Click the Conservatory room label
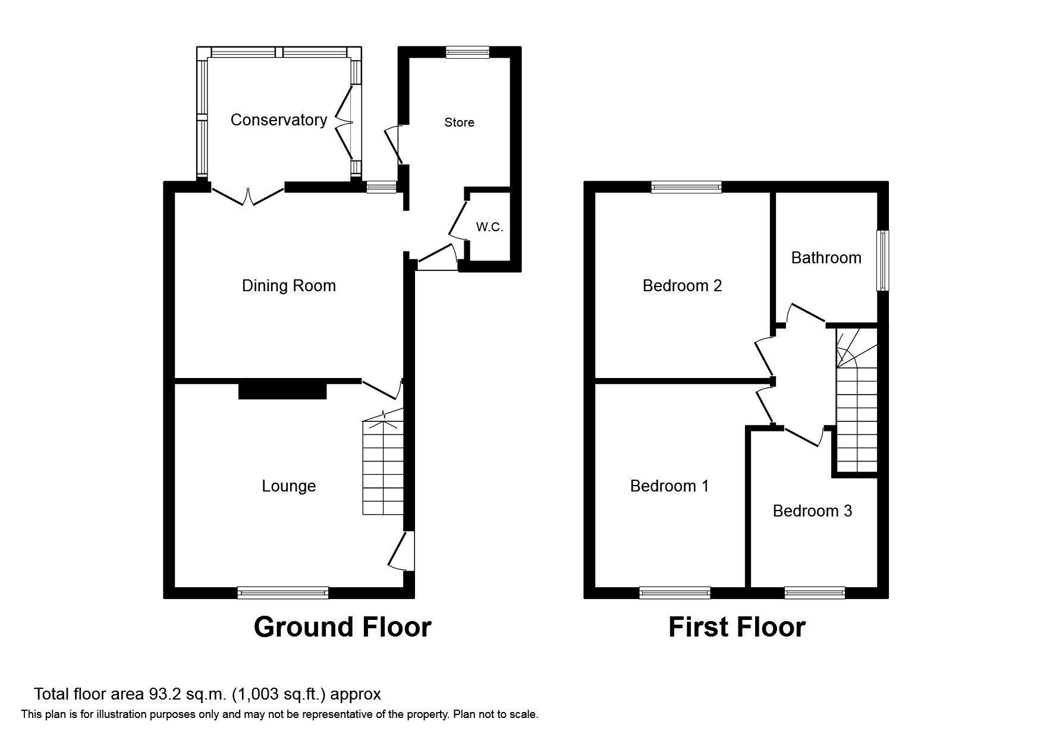tap(279, 120)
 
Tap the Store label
tap(460, 122)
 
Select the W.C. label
tap(490, 227)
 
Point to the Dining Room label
tap(289, 286)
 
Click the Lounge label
tap(289, 486)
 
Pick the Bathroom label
tap(826, 257)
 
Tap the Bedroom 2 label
tap(683, 286)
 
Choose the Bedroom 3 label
tap(813, 511)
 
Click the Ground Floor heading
tap(342, 627)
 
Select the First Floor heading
tap(737, 627)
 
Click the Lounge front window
tap(283, 593)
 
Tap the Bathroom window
tap(884, 260)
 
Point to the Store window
tap(468, 52)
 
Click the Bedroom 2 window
tap(687, 187)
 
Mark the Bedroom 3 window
tap(815, 593)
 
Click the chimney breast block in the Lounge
tap(282, 390)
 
